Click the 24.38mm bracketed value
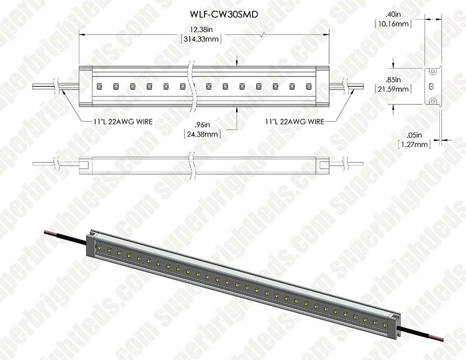tap(202, 134)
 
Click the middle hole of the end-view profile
tap(432, 86)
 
